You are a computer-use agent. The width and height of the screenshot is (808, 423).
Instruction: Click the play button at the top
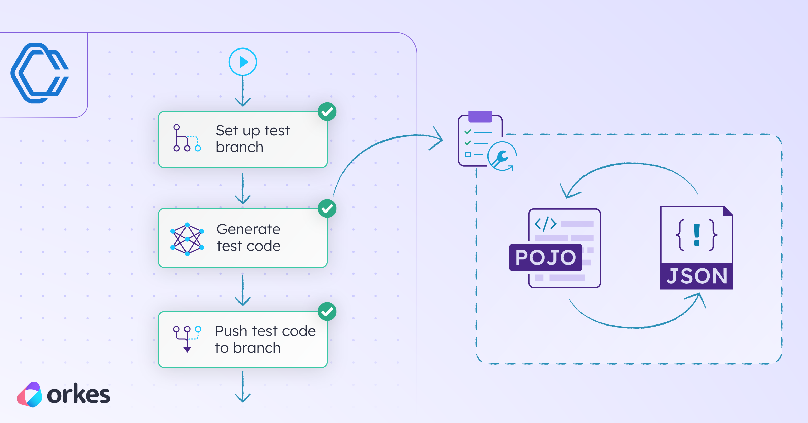[242, 62]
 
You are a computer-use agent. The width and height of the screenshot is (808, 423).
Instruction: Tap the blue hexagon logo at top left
[40, 73]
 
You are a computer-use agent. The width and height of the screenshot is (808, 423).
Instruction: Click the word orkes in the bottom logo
[78, 395]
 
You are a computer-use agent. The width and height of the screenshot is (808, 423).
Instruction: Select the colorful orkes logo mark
[30, 394]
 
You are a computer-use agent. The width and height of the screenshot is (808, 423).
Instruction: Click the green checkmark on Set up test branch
[327, 112]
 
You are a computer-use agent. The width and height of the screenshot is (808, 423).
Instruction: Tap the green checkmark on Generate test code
[327, 209]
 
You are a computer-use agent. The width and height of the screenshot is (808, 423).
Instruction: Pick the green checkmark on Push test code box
[327, 312]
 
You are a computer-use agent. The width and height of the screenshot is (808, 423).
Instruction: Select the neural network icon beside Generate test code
[187, 239]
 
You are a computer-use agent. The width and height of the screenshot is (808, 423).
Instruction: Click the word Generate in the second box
[248, 230]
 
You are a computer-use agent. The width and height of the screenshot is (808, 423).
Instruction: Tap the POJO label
[546, 258]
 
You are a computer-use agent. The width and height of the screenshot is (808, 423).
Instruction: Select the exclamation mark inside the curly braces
[697, 235]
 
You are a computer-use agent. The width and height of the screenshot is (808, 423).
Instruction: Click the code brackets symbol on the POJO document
[545, 224]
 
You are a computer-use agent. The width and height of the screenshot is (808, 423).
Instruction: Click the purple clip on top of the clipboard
[480, 116]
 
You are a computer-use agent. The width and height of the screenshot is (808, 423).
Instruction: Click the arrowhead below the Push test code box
[243, 398]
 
